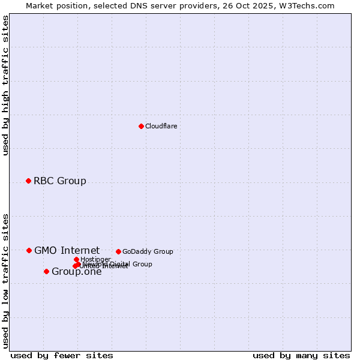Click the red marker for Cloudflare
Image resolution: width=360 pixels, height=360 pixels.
141,126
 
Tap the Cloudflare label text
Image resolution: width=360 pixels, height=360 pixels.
161,126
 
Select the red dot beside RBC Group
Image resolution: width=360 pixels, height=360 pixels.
28,181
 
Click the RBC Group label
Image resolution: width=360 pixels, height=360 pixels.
59,181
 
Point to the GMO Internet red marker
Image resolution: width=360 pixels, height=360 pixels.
29,250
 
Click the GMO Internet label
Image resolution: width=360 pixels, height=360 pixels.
67,250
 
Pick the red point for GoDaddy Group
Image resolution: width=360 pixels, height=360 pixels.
118,251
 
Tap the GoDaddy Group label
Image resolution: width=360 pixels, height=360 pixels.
148,251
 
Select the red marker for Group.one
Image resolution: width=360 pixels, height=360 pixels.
46,271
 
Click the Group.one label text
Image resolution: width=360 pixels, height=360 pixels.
76,272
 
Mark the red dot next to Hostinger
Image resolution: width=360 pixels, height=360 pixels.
76,259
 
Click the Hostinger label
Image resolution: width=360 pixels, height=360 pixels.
95,259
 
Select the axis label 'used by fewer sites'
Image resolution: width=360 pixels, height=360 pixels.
62,355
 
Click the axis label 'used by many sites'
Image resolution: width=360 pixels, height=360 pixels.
301,355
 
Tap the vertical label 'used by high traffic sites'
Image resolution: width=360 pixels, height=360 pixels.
5,86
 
